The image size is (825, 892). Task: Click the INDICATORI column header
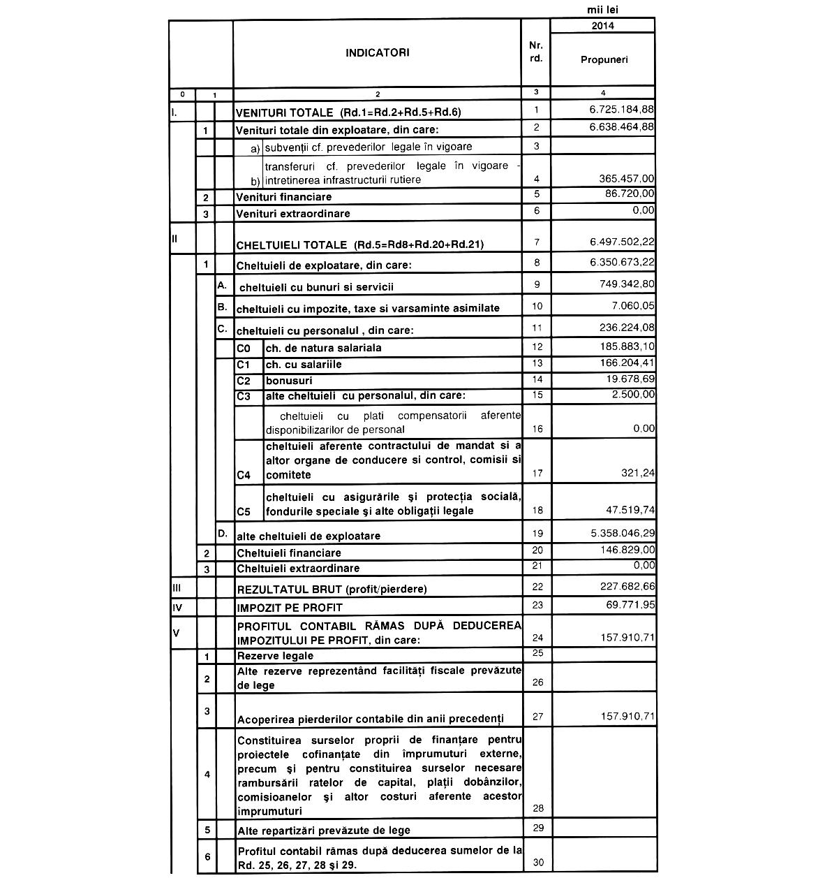(x=377, y=52)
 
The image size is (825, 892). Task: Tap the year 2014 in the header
(x=602, y=26)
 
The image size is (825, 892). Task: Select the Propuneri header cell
(x=604, y=59)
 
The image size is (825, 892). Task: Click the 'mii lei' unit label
(x=602, y=10)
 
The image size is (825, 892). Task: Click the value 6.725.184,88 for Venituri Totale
(x=621, y=110)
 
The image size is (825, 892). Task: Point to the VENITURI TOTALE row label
(x=348, y=112)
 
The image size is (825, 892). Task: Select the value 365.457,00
(x=626, y=179)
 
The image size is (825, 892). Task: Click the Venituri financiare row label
(x=284, y=197)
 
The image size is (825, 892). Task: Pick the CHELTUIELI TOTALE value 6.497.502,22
(x=621, y=242)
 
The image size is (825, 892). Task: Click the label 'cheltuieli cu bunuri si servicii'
(x=316, y=287)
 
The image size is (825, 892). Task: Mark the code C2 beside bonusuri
(x=244, y=381)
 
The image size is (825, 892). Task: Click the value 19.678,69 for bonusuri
(x=630, y=379)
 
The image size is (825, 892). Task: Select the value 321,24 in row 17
(x=639, y=473)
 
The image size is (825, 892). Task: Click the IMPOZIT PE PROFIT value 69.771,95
(x=630, y=604)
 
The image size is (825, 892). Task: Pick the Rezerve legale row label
(x=275, y=656)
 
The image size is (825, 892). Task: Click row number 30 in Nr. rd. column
(x=537, y=863)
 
